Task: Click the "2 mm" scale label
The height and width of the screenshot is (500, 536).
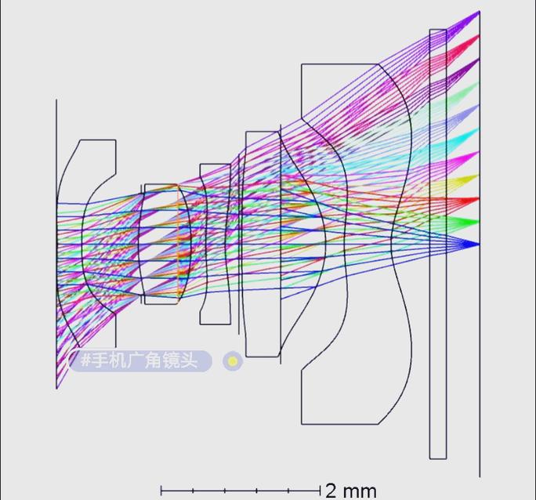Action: pyautogui.click(x=350, y=491)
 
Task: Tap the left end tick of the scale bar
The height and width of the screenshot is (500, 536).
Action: pyautogui.click(x=161, y=491)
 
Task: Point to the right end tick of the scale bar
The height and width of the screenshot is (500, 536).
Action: pyautogui.click(x=320, y=491)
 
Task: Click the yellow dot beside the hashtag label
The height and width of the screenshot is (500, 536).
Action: pyautogui.click(x=233, y=361)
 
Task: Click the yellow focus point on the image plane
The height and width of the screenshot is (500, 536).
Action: pyautogui.click(x=476, y=178)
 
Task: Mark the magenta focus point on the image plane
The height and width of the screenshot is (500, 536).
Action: pyautogui.click(x=476, y=155)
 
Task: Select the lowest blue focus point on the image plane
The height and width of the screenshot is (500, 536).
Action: pyautogui.click(x=476, y=245)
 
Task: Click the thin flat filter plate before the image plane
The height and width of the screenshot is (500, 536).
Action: pyautogui.click(x=438, y=243)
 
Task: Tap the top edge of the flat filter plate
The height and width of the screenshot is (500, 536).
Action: pyautogui.click(x=438, y=30)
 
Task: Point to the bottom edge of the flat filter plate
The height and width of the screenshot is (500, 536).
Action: pyautogui.click(x=438, y=458)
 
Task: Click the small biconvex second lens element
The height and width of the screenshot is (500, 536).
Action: pyautogui.click(x=164, y=243)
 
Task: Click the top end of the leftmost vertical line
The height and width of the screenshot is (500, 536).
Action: pyautogui.click(x=57, y=100)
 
